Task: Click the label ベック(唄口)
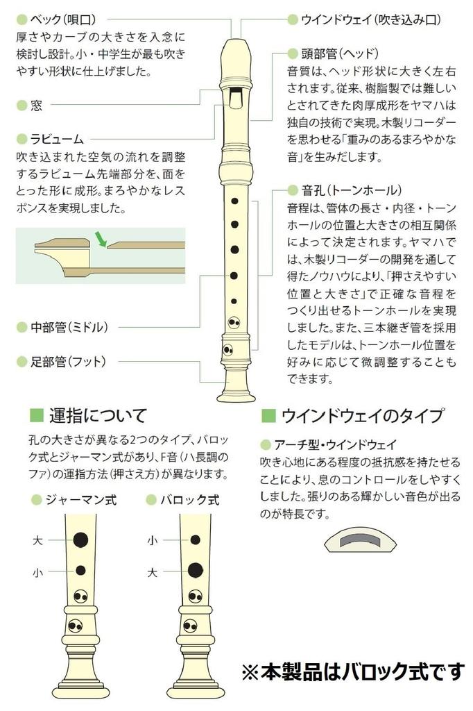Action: tap(63, 19)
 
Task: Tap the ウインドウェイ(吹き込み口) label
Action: tap(370, 19)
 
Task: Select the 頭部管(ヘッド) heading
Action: tap(339, 53)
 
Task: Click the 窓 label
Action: tap(36, 106)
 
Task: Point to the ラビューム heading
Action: tap(57, 139)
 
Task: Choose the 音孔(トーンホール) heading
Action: tap(352, 190)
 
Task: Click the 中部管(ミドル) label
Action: tap(69, 327)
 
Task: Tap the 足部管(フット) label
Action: tap(68, 361)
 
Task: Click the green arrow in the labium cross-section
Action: tap(100, 240)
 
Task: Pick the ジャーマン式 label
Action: tap(80, 500)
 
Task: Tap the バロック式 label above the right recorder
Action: tap(189, 500)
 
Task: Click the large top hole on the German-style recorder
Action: tap(80, 539)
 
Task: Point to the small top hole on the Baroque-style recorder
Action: tap(196, 539)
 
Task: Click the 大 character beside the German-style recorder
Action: tap(37, 540)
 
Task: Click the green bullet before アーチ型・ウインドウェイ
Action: tap(266, 444)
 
